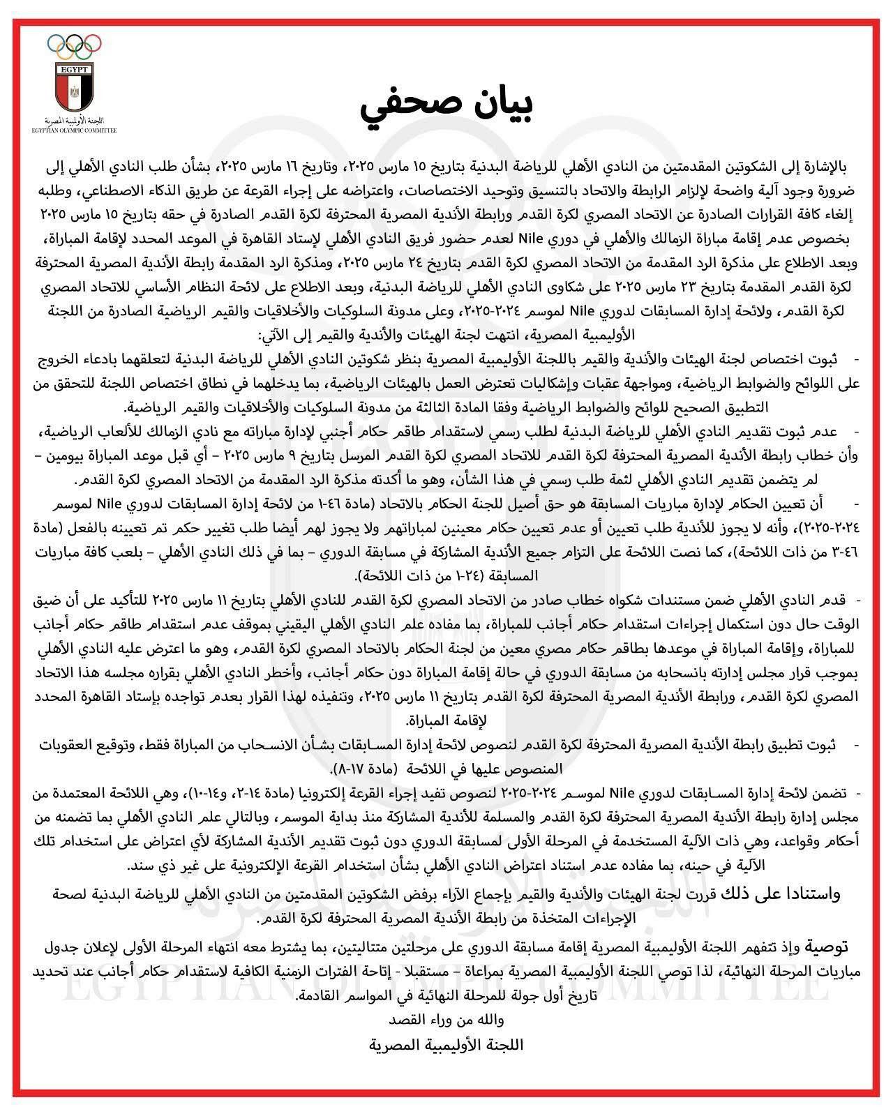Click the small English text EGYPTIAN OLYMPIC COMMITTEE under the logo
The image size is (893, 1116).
tap(73, 130)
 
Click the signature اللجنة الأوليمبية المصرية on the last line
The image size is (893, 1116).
tap(446, 1045)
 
